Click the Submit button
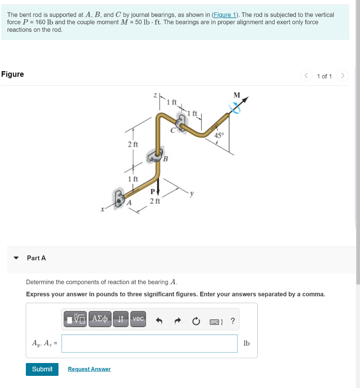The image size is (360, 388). pos(42,369)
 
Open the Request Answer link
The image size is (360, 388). pos(89,369)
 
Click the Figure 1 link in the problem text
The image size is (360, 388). pos(225,15)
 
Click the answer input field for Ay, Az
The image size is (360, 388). pos(149,343)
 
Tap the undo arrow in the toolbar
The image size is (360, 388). pos(159,321)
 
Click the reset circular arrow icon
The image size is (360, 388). pos(196,321)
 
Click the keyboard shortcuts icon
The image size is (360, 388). pos(215,322)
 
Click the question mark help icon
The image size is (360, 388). pos(232,321)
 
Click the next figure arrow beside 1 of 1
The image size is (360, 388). pos(342,76)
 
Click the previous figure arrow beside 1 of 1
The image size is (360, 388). pos(306,76)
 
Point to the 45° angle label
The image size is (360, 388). pos(219,135)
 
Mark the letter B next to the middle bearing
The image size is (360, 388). pos(166,159)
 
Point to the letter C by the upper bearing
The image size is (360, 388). pos(173,131)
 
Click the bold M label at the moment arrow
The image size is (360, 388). pos(237,95)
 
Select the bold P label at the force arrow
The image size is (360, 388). pos(153,192)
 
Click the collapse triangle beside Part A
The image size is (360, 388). pos(16,258)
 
